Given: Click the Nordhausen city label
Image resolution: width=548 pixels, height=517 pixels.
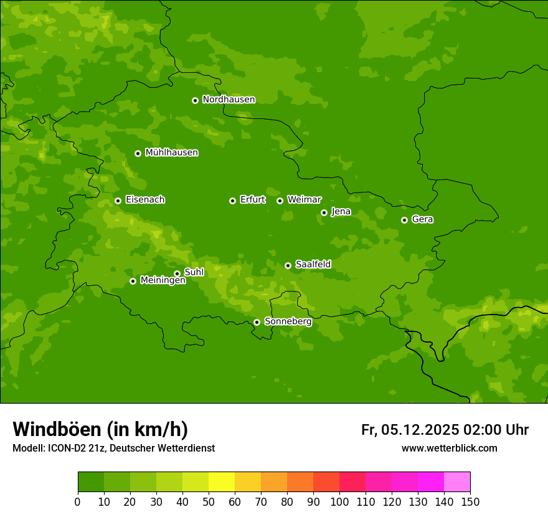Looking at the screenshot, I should (229, 100).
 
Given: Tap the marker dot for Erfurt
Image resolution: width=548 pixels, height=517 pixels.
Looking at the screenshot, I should (232, 201).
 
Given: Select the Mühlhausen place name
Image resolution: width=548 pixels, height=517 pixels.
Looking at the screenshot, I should (171, 153).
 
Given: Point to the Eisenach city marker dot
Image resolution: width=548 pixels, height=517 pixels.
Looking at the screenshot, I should (118, 201).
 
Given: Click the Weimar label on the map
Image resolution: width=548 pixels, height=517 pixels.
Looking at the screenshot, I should (304, 200).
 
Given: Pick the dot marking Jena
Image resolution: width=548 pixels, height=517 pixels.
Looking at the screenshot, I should (324, 212).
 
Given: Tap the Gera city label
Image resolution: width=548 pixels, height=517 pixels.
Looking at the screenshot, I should (422, 219).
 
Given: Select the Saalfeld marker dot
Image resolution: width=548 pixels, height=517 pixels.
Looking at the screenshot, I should (288, 265).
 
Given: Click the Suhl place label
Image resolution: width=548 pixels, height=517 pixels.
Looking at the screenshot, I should (194, 272).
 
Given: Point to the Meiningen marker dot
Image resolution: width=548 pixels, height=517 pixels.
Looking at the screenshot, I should (133, 281).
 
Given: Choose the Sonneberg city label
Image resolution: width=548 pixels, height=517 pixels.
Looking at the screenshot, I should (288, 321).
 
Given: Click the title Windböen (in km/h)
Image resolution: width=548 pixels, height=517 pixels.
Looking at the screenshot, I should (100, 429).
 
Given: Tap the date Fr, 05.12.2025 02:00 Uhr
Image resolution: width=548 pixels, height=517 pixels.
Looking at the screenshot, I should (445, 430).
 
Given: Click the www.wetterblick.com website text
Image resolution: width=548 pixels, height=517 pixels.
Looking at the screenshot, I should (449, 448).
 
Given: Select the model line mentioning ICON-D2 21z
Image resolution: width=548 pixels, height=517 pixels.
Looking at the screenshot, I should (113, 448).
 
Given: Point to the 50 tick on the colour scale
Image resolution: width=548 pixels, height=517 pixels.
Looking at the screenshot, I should (209, 501).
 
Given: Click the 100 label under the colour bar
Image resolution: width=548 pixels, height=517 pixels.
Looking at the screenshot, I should (339, 501).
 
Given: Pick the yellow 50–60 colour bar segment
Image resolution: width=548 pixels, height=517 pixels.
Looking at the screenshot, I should (222, 482).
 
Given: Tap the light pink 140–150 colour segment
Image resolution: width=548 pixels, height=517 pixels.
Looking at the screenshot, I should (457, 482).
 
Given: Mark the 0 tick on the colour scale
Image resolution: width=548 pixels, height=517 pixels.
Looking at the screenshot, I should (78, 501).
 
